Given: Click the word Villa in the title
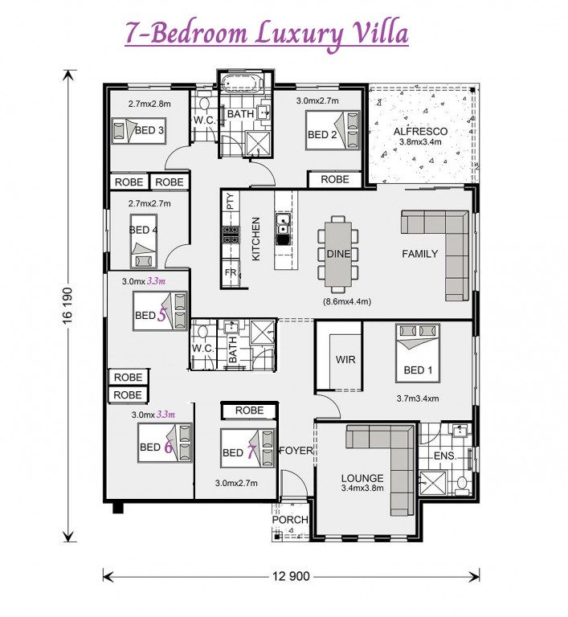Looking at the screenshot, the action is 381,34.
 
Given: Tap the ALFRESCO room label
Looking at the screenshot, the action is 420,132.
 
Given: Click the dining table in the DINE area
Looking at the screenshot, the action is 338,254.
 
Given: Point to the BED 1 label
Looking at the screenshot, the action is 418,370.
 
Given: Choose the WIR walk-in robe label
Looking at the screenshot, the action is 345,359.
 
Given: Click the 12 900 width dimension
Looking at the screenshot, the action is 291,577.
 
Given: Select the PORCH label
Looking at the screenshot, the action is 290,520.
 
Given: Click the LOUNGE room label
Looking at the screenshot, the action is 362,478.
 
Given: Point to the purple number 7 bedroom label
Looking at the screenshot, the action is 251,452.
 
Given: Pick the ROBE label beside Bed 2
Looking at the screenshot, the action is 334,179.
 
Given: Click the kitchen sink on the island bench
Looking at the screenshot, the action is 283,223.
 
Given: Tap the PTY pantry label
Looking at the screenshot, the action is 231,201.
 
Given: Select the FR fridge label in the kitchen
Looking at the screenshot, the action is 231,272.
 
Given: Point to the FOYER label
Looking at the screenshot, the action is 296,451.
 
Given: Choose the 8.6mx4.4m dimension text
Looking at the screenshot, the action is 347,302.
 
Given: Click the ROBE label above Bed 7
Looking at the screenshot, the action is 249,411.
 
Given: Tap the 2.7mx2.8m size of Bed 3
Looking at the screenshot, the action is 149,104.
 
